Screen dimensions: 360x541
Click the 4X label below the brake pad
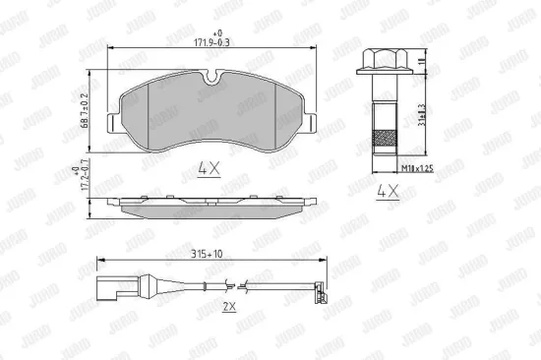coord(208,168)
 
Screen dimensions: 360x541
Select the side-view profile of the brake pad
coord(210,206)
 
